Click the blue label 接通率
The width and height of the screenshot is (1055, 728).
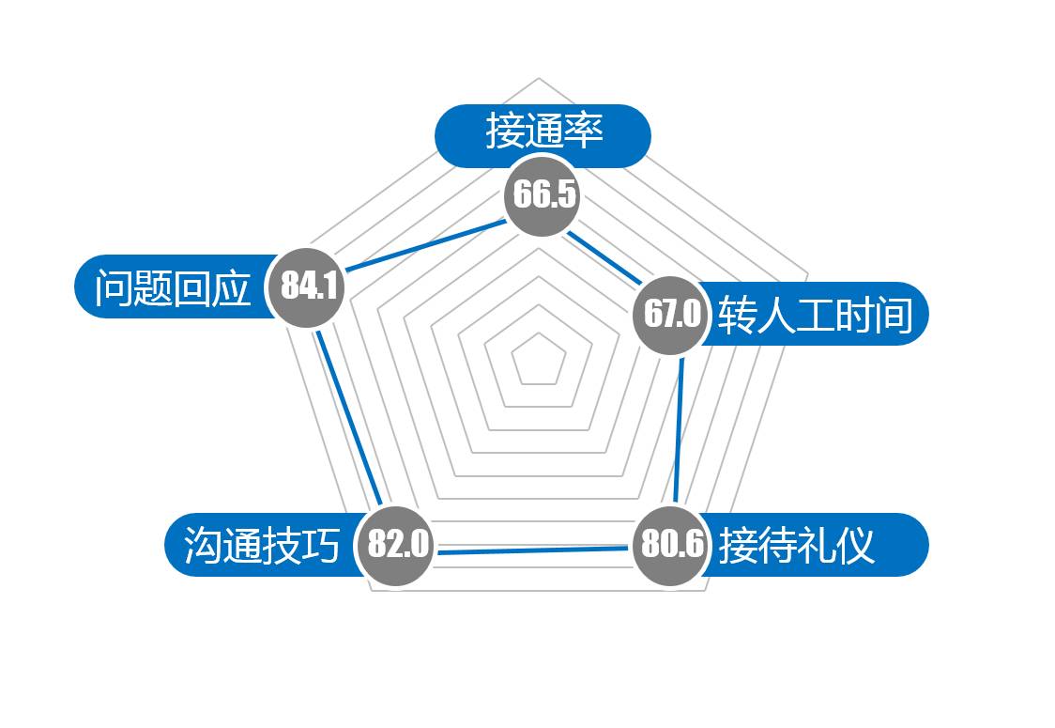click(543, 132)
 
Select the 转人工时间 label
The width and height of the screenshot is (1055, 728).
click(815, 314)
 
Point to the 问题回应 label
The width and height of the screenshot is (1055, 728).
click(173, 287)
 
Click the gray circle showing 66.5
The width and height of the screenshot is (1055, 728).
click(543, 196)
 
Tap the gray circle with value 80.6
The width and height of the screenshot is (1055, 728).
click(671, 545)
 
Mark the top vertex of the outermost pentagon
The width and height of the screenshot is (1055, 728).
click(539, 78)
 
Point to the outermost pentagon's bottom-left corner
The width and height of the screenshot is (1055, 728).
click(373, 591)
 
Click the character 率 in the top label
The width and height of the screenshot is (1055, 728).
click(583, 132)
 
